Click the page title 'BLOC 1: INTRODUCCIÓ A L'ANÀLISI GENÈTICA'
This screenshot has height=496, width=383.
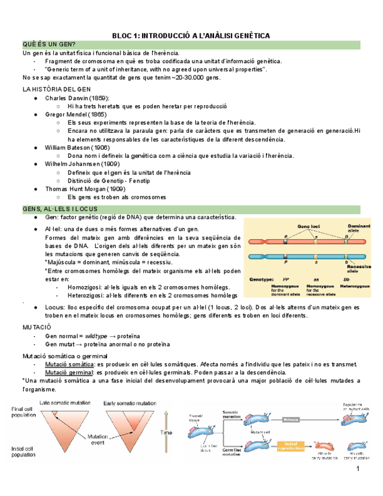(x=191, y=36)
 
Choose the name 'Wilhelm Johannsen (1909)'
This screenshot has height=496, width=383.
(x=82, y=164)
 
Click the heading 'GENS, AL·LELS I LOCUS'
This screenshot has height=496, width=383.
(x=60, y=209)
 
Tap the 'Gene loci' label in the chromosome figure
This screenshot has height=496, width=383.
(x=308, y=226)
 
